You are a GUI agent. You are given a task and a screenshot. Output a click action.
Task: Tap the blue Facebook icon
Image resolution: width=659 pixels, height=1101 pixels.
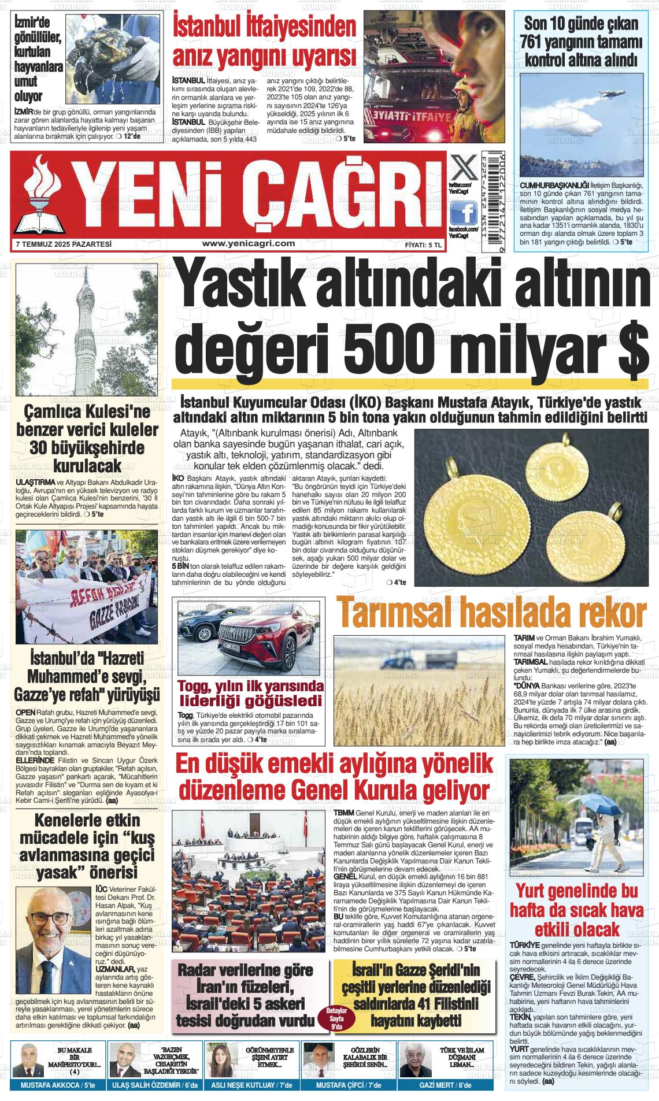pyautogui.click(x=463, y=214)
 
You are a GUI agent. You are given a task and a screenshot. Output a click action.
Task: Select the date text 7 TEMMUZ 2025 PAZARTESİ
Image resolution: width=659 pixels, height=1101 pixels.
pyautogui.click(x=64, y=244)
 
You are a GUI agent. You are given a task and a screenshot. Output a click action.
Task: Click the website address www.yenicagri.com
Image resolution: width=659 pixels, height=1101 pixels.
pyautogui.click(x=249, y=244)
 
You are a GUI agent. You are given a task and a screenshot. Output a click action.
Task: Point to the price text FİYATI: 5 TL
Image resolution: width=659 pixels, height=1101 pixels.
pyautogui.click(x=423, y=245)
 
